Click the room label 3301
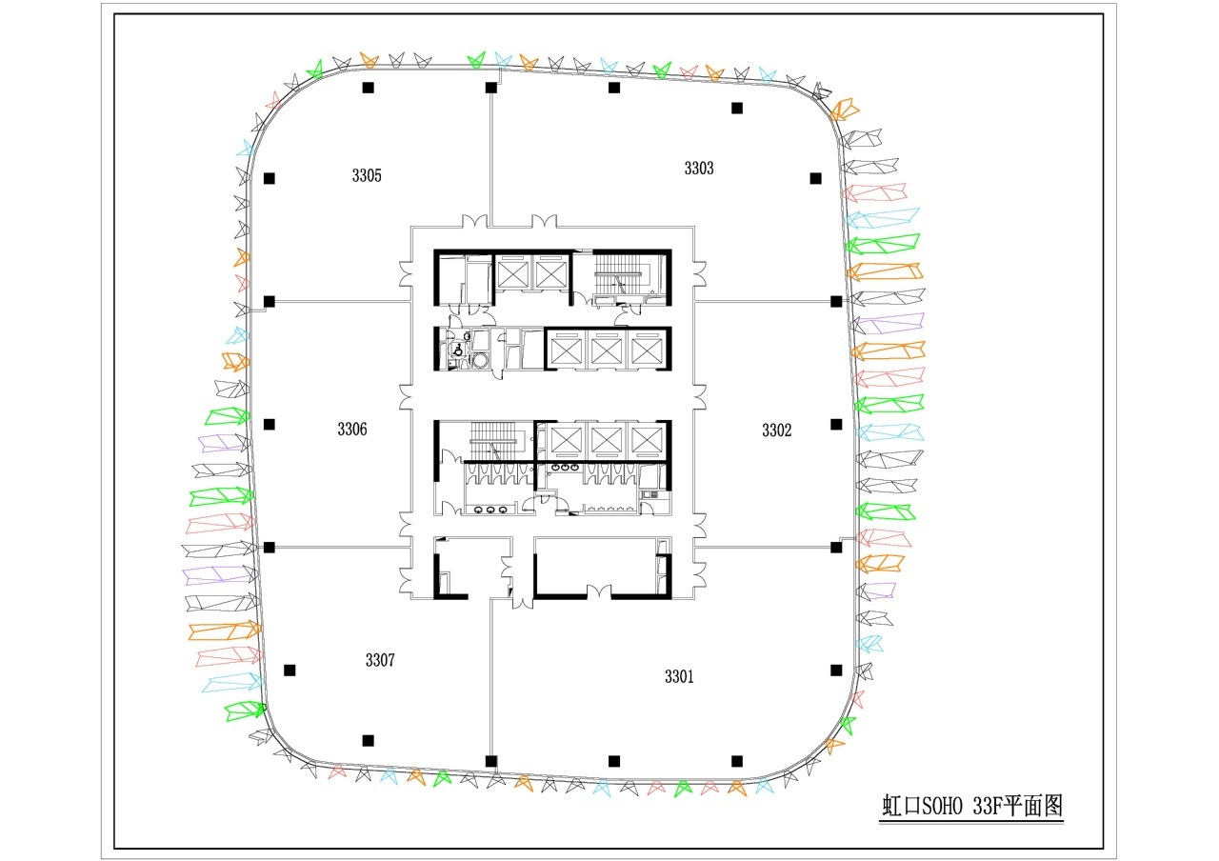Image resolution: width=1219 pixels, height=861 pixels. [679, 676]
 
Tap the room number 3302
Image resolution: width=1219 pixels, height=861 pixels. [776, 430]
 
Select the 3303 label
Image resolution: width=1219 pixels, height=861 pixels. [699, 169]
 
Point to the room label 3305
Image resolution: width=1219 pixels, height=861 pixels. [367, 176]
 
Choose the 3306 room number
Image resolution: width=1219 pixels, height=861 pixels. [352, 430]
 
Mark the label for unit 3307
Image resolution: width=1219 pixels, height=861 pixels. [380, 660]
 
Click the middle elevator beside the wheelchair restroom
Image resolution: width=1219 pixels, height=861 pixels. [607, 351]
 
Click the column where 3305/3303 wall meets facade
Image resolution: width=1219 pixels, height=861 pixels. [490, 87]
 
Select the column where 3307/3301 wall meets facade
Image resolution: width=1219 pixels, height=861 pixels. [490, 761]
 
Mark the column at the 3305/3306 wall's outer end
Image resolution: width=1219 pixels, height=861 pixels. [269, 301]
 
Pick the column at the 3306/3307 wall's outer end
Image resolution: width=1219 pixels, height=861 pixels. [269, 547]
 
